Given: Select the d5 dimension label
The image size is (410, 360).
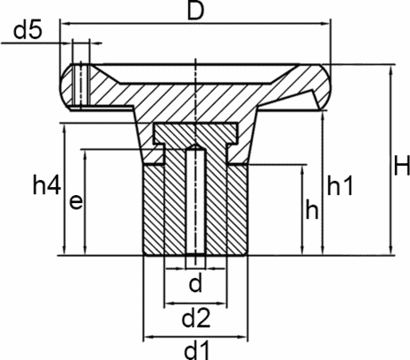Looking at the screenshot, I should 29,33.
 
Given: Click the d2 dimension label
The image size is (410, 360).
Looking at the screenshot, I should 195,316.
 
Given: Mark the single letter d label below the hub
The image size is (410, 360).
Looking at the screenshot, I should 195,284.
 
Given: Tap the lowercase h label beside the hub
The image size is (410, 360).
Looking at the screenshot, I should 312,210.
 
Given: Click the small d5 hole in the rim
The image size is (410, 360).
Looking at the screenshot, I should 81,83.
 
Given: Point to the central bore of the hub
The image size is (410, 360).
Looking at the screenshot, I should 195,214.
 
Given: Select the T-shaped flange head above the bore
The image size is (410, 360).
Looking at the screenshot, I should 195,135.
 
